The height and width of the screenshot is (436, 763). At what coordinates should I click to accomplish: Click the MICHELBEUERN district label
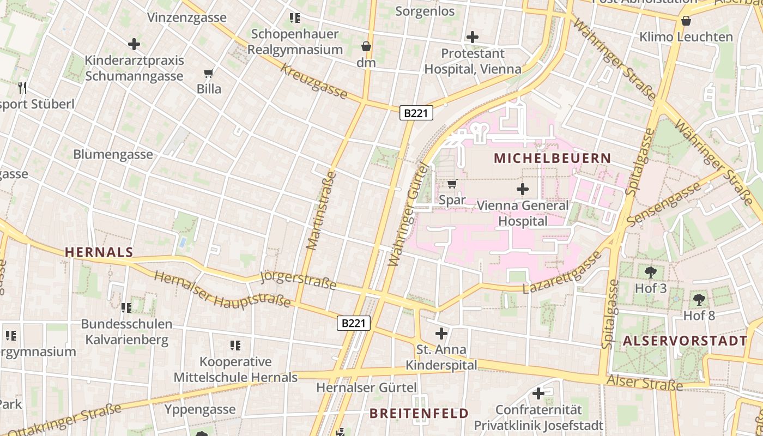click(552, 159)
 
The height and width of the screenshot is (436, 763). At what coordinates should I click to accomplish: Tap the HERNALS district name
click(99, 252)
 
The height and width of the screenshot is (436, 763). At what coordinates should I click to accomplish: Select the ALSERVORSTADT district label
click(685, 341)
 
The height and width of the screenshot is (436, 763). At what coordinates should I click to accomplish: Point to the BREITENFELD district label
click(419, 413)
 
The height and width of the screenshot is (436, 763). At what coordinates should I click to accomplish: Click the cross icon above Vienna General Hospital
click(522, 190)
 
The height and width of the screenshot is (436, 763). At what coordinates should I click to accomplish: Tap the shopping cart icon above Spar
click(452, 184)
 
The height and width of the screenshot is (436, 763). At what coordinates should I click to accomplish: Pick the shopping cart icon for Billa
click(208, 73)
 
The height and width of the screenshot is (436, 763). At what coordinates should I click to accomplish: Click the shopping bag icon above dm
click(366, 46)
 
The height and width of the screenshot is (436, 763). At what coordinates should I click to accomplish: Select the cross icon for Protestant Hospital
click(473, 37)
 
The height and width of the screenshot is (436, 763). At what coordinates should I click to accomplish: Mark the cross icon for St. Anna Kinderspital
click(441, 333)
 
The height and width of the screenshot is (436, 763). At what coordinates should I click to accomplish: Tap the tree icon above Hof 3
click(650, 272)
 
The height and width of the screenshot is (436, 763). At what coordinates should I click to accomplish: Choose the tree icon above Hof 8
click(699, 299)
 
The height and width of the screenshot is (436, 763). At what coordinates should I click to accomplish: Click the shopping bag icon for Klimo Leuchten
click(686, 21)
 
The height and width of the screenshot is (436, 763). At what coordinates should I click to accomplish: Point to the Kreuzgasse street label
click(314, 82)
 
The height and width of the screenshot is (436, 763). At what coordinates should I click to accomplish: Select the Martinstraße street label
click(322, 211)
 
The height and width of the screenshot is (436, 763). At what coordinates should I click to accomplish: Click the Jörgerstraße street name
click(299, 280)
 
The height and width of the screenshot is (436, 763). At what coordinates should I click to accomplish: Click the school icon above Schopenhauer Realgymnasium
click(295, 17)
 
